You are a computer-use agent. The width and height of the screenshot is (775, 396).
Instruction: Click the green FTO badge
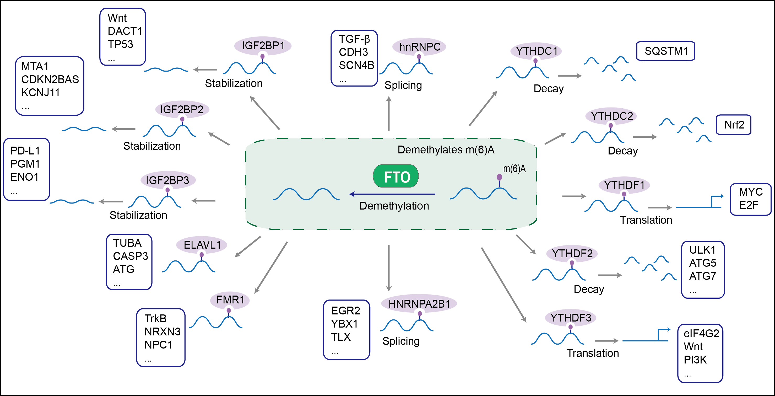tap(396, 176)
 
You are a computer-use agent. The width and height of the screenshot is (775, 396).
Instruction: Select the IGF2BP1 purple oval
tap(263, 46)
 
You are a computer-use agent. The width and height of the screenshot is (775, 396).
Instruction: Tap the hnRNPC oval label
tap(419, 47)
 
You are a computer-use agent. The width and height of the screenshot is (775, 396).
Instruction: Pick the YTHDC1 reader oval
tap(536, 51)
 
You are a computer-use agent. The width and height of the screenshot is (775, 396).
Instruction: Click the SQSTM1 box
tap(665, 51)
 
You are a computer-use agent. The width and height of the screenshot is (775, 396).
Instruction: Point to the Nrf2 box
tap(734, 125)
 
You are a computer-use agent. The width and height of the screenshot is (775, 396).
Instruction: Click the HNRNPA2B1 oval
tap(419, 303)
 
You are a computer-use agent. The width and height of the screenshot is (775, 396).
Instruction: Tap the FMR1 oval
tap(230, 300)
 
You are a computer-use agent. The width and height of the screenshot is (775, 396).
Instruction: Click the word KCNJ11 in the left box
tap(40, 93)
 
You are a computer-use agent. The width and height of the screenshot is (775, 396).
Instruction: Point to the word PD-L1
tap(25, 151)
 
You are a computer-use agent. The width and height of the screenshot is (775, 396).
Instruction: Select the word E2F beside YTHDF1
tap(749, 205)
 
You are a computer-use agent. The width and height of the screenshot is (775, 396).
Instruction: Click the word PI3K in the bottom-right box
tap(695, 360)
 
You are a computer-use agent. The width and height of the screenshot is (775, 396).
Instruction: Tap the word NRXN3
tap(162, 331)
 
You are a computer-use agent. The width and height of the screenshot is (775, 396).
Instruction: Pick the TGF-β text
tap(354, 39)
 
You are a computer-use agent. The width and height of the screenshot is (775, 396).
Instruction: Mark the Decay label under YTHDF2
tap(589, 289)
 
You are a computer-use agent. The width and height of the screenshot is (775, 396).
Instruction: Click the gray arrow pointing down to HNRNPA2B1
tap(389, 268)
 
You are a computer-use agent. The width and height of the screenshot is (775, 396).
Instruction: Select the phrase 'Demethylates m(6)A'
tap(446, 150)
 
